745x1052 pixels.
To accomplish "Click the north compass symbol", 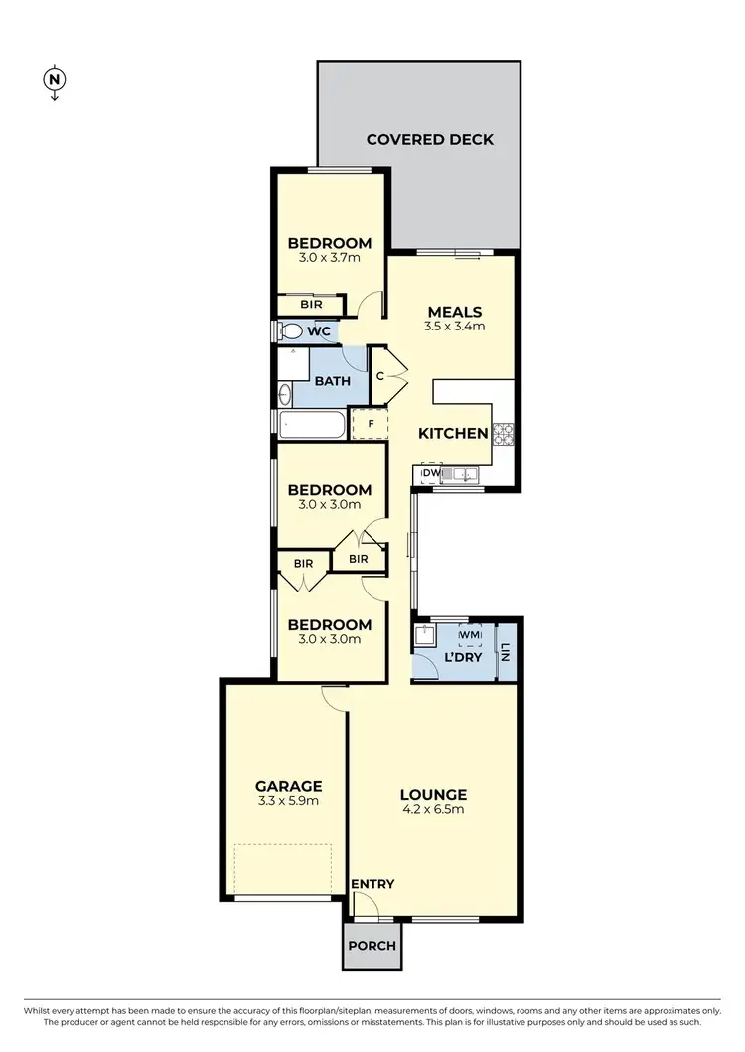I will [55, 80].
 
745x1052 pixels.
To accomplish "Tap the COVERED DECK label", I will [429, 139].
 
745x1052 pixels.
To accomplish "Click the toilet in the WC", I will [291, 330].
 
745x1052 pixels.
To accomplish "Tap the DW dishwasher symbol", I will [430, 474].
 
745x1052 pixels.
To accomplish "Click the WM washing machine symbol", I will [470, 634].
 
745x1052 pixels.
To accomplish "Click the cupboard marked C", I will [380, 376].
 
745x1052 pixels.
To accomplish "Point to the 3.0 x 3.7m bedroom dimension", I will [329, 258].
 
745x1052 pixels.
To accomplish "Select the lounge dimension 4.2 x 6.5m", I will [433, 809].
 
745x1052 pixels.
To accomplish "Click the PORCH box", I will [371, 945].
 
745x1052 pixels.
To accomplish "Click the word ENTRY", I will [372, 884].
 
